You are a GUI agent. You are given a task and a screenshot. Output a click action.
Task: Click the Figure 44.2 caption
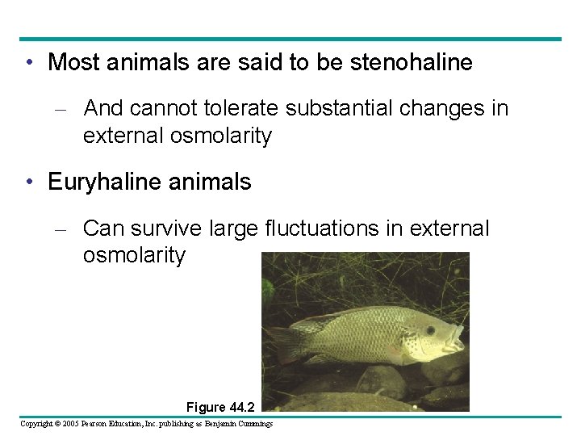pos(219,407)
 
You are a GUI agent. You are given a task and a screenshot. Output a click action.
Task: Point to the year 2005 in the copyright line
pos(69,424)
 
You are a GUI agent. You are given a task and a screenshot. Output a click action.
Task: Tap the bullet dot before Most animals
pos(29,63)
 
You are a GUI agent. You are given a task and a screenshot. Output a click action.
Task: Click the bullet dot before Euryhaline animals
pos(29,182)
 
